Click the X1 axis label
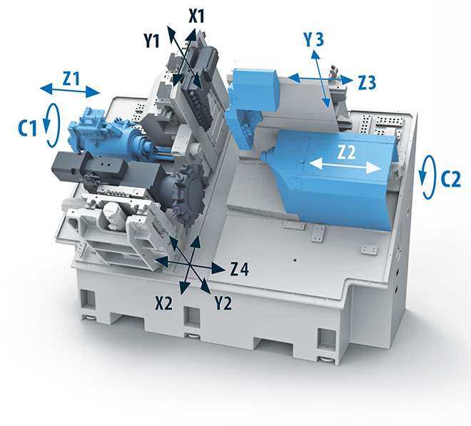pos(196,16)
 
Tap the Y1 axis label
pos(152,40)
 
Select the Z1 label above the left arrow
pos(71,79)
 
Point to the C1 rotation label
pos(28,129)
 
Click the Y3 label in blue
pos(313,39)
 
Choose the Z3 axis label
pos(367,82)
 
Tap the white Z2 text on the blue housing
pos(346,152)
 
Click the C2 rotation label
pos(450,179)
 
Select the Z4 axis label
pos(239,269)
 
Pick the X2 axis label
pos(164,303)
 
